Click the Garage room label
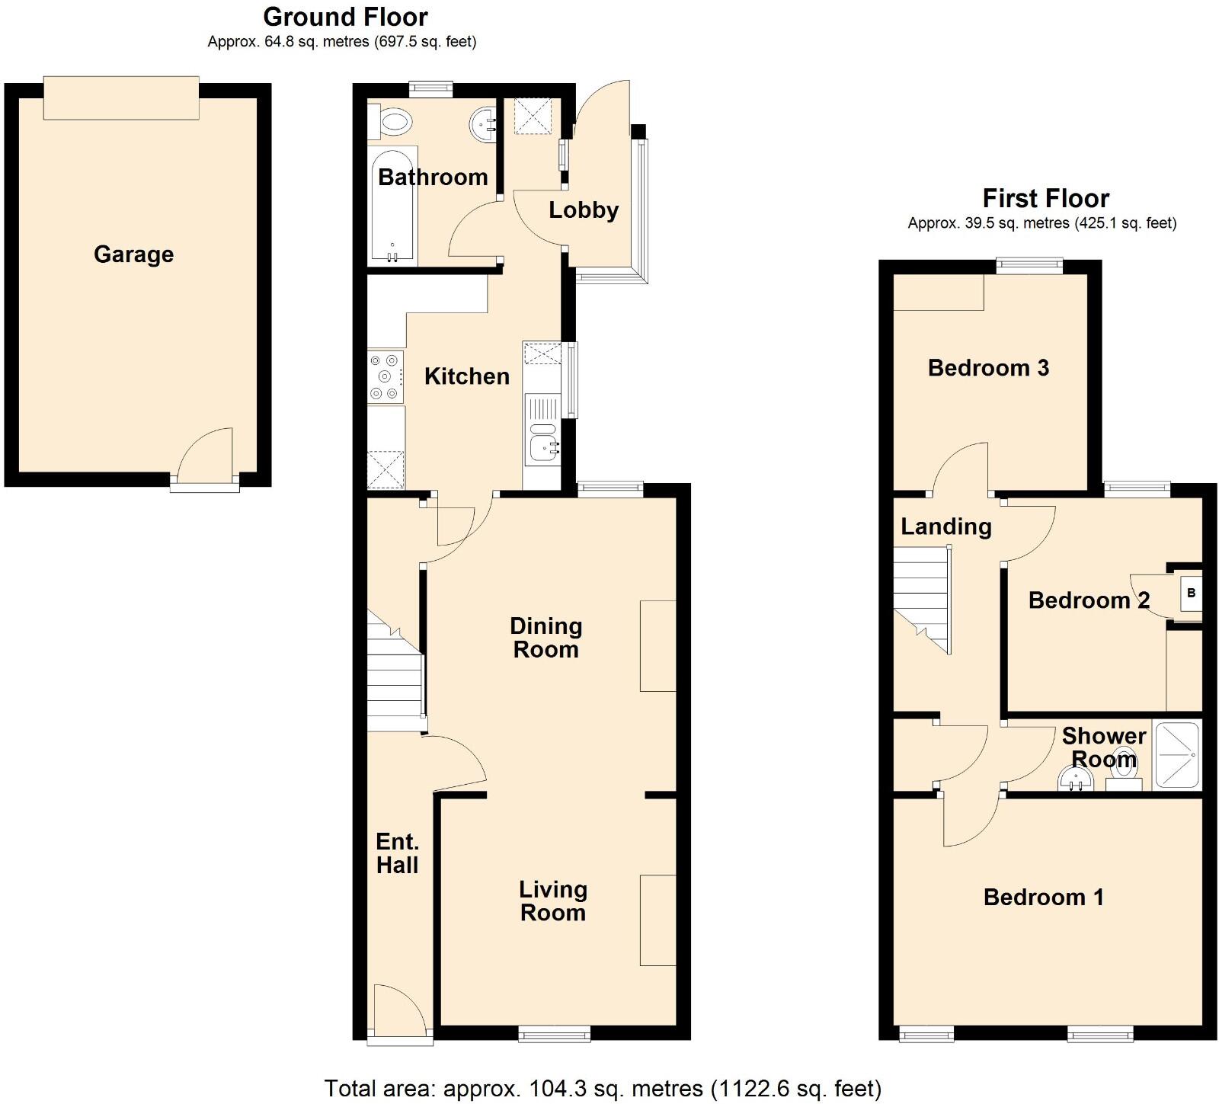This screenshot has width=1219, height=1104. click(133, 254)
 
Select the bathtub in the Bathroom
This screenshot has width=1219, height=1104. click(393, 203)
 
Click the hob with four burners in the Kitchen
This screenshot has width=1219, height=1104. click(386, 376)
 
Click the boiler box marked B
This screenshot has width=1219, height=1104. click(1191, 593)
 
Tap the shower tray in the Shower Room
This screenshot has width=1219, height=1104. click(1177, 754)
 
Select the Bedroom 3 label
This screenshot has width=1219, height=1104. click(988, 368)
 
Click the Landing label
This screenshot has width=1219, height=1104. click(946, 526)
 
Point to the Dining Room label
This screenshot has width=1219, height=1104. click(546, 638)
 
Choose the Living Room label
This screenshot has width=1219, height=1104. click(553, 901)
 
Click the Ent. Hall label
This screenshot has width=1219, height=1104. click(397, 853)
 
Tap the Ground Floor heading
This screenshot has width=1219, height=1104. click(345, 17)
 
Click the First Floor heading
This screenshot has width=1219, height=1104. click(1045, 199)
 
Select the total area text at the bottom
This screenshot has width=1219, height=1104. click(603, 1088)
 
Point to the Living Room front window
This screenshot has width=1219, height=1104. click(555, 1034)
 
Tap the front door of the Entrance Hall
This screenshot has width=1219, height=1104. click(399, 1013)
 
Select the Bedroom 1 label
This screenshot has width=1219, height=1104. click(1043, 897)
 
